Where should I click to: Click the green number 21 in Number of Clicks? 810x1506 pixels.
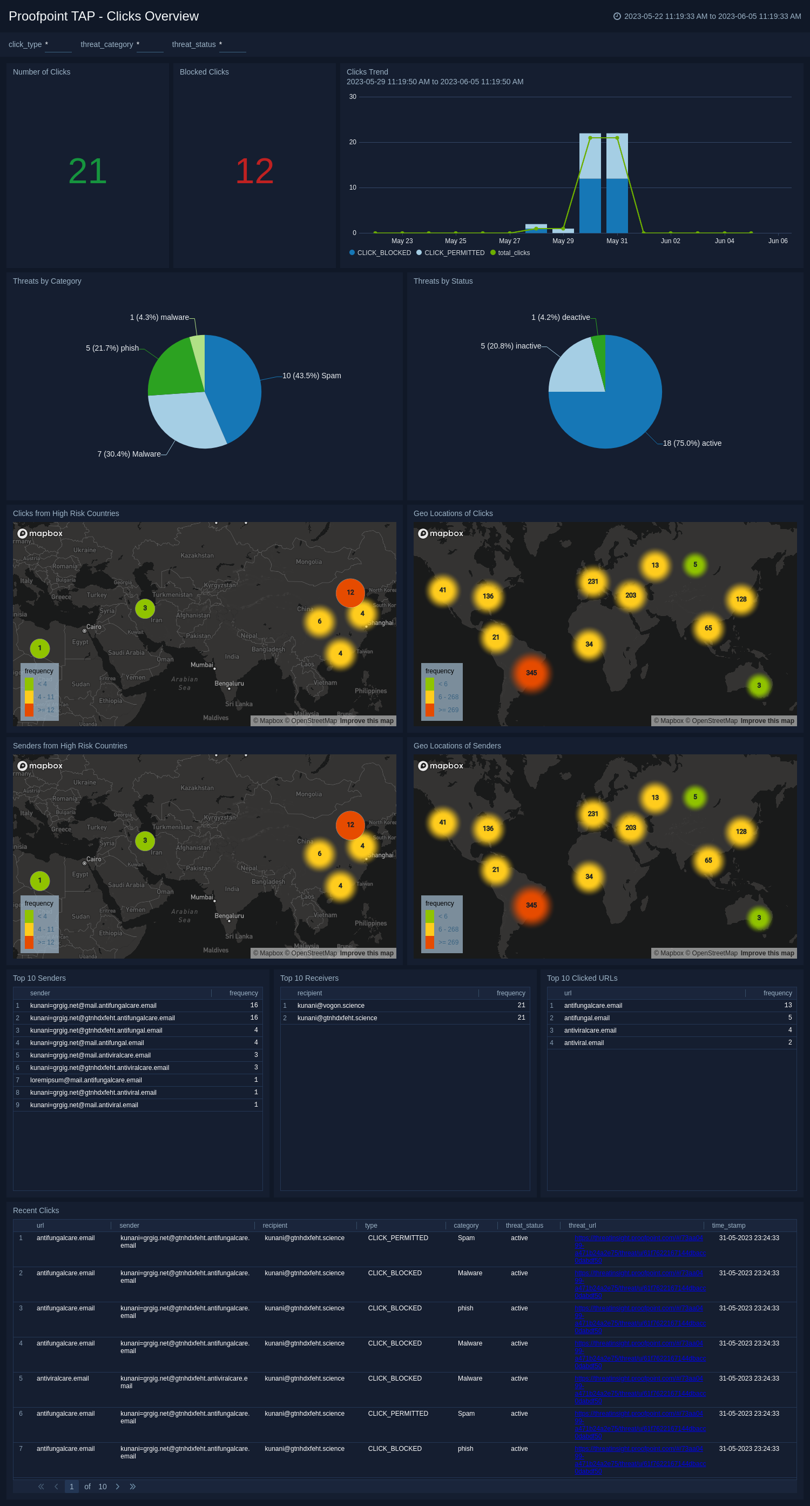(x=87, y=171)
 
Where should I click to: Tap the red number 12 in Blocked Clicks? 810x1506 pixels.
(x=254, y=171)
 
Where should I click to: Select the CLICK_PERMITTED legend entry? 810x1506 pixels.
(x=454, y=253)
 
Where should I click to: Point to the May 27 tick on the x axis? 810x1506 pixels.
(x=509, y=241)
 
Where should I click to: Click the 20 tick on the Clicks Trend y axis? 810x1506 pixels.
(x=353, y=142)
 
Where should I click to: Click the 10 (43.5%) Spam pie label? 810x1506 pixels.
(x=312, y=376)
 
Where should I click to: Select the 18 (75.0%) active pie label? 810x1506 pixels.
(x=691, y=443)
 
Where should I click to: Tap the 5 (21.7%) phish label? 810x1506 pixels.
(x=112, y=348)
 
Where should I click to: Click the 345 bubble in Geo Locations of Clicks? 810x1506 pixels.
(x=531, y=673)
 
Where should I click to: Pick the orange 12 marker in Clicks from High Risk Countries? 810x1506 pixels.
(x=350, y=592)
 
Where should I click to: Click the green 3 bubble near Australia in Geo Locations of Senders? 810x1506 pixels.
(x=759, y=918)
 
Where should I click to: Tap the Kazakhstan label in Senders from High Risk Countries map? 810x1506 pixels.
(x=197, y=788)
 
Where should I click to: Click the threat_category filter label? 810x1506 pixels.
(x=106, y=44)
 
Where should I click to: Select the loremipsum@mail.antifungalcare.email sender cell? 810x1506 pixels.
(x=86, y=1080)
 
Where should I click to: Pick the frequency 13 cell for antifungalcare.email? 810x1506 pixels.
(x=787, y=1005)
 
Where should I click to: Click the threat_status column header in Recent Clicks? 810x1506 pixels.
(x=524, y=1226)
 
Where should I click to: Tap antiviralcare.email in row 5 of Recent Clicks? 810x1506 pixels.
(x=63, y=1378)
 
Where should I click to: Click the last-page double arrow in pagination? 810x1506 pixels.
(x=133, y=1486)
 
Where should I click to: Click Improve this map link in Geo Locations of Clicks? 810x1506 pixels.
(x=767, y=721)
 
